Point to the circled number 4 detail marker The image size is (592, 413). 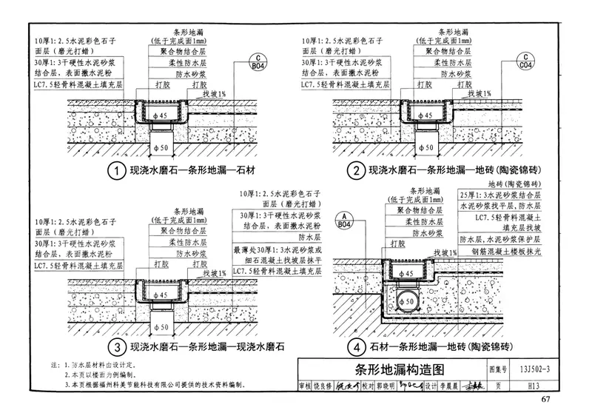(357, 346)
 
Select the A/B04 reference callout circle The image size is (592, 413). (346, 221)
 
